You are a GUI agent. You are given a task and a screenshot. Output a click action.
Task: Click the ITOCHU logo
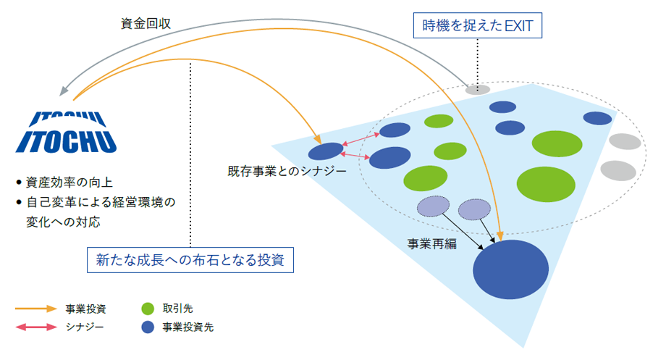(67, 132)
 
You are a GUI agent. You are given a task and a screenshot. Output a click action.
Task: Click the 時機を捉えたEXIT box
(477, 25)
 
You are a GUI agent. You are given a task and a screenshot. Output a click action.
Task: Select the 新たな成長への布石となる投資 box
(190, 260)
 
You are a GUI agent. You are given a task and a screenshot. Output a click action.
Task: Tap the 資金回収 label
(146, 23)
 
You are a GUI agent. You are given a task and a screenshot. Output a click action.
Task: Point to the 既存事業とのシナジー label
(287, 171)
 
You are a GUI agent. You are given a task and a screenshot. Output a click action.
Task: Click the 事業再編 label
(431, 244)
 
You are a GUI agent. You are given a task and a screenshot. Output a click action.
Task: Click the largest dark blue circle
(510, 269)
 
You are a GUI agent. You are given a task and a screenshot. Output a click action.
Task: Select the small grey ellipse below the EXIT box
(477, 89)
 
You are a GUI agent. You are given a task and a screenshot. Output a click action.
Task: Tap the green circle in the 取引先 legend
(148, 309)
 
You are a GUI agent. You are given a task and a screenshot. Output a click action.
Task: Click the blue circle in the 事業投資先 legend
(148, 327)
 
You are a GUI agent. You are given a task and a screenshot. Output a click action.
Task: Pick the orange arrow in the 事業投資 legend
(36, 309)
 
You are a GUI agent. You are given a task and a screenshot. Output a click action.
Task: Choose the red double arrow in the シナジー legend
(36, 327)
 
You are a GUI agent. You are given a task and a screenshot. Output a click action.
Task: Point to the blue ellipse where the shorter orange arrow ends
(325, 151)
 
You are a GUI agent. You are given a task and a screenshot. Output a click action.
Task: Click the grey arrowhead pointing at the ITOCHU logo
(64, 91)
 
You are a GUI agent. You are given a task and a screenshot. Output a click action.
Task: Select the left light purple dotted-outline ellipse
(433, 206)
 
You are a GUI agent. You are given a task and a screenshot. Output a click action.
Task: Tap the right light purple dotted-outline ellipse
(474, 209)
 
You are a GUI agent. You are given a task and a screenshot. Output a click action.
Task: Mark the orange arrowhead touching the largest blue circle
(500, 236)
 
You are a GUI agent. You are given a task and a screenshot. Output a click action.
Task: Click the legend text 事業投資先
(187, 327)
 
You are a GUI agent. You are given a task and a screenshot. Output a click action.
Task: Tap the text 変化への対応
(63, 222)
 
